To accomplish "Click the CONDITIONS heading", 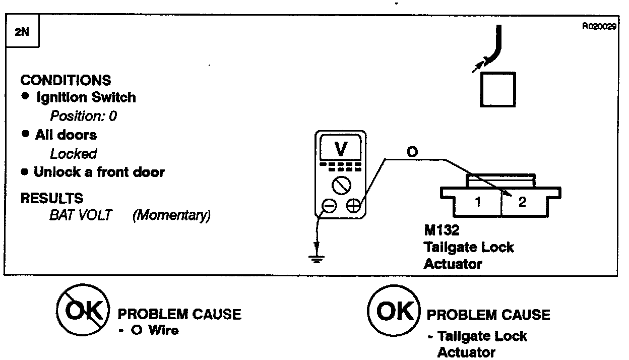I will coord(66,80).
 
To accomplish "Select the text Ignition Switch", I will coord(86,97).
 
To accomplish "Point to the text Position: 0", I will coord(84,116).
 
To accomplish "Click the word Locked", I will coord(73,153).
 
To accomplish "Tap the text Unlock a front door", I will coord(99,172).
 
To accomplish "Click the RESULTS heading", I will coord(52,198).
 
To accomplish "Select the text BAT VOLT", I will coord(81,215).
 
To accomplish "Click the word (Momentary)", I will coord(171,215).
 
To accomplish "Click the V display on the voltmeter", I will coord(341,149).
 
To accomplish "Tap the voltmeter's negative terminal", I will coord(330,206).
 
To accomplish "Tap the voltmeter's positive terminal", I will coord(353,206).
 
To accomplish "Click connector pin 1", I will coord(477,203).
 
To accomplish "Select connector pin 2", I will coord(522,203).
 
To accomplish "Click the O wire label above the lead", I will coord(412,152).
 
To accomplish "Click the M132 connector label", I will coord(442,231).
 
